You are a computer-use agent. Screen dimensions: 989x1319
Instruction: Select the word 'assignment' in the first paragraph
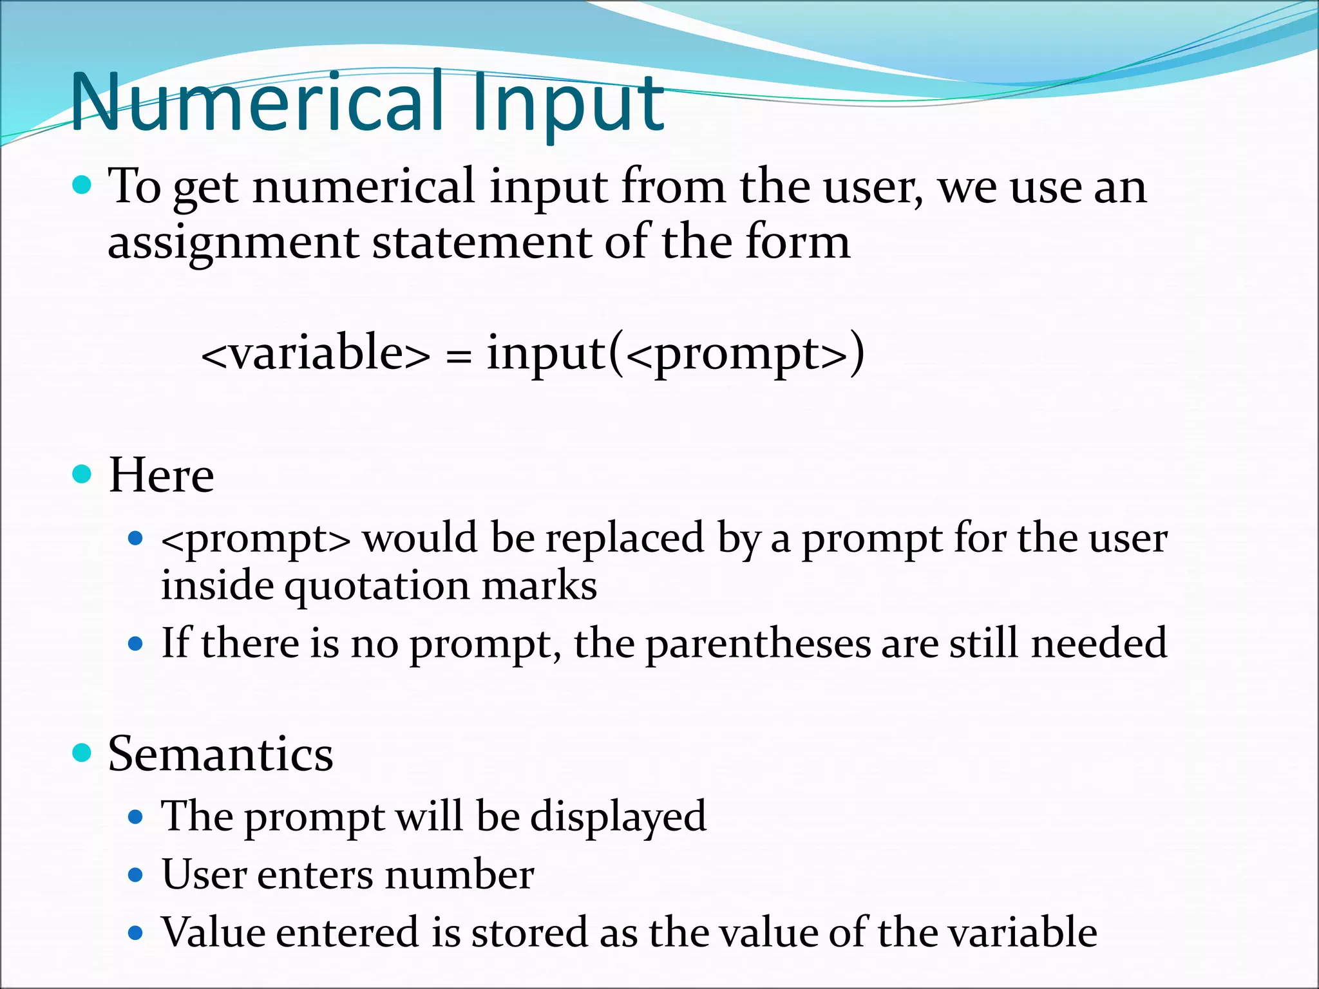232,243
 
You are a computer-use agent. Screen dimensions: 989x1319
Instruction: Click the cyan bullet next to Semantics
82,752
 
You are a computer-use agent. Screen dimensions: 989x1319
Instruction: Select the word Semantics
220,753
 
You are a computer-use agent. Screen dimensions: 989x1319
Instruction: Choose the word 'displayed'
618,816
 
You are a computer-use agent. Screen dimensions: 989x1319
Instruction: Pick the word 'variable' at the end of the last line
1018,932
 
